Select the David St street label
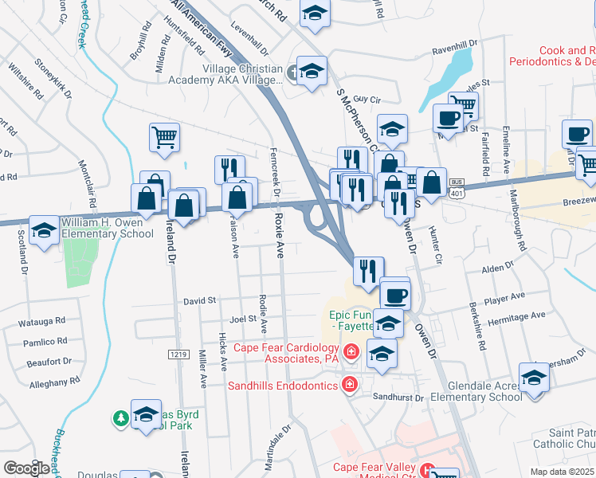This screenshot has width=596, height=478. [200, 301]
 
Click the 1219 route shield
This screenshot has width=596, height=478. [178, 354]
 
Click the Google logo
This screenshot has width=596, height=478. [27, 468]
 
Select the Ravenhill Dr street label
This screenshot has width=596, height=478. [454, 49]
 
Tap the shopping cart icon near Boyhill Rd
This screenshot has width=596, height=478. [164, 137]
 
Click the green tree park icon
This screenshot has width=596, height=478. [120, 417]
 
